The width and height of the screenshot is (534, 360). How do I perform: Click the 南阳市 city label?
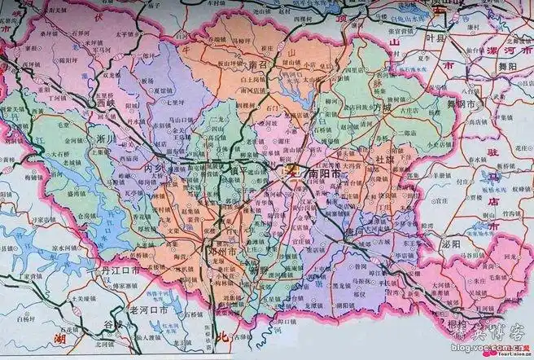click(x=324, y=174)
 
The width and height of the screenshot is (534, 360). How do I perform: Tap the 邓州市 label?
click(x=223, y=253)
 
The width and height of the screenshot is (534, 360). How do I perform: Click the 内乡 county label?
click(x=155, y=169)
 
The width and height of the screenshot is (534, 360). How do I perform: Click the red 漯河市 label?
click(x=505, y=40)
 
